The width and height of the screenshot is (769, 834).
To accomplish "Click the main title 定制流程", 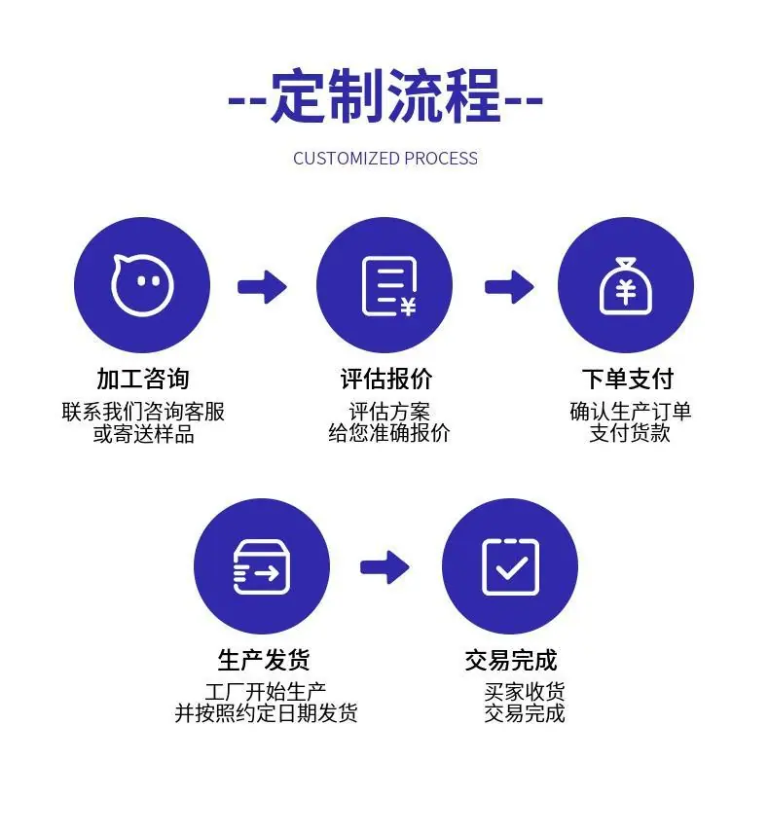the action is coord(385,96).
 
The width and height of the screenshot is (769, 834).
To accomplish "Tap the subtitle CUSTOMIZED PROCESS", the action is coord(385,159).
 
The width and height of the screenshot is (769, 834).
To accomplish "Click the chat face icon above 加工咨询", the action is coord(142,285).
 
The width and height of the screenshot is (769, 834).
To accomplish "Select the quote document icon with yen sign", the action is coord(388,286).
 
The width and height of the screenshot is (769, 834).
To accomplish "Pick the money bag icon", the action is coord(625,286).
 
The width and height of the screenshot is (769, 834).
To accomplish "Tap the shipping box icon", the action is coord(262,567).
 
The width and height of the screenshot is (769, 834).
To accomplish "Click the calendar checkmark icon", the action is coord(510,567).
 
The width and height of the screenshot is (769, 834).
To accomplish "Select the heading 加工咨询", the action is coord(143,379).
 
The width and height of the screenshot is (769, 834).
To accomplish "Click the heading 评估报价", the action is coord(385,379).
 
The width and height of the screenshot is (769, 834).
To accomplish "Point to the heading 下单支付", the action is coord(628,379).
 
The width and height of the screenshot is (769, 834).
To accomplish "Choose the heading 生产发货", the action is coord(264,660).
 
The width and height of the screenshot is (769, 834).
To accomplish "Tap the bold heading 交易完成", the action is coord(511,660).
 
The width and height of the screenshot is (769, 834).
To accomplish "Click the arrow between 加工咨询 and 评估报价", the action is coord(263,287).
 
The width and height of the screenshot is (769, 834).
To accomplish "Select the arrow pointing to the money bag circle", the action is coord(509,287).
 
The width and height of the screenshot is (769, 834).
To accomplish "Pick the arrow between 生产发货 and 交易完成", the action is coord(384,567).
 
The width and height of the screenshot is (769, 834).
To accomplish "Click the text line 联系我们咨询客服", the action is coord(143,412).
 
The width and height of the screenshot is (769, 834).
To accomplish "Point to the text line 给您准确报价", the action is coord(389,433).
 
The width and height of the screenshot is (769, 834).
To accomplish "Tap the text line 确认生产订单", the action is coord(630,412).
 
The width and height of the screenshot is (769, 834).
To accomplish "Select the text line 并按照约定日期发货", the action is coord(266,713).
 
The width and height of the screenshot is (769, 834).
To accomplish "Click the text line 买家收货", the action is coord(525,692).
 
